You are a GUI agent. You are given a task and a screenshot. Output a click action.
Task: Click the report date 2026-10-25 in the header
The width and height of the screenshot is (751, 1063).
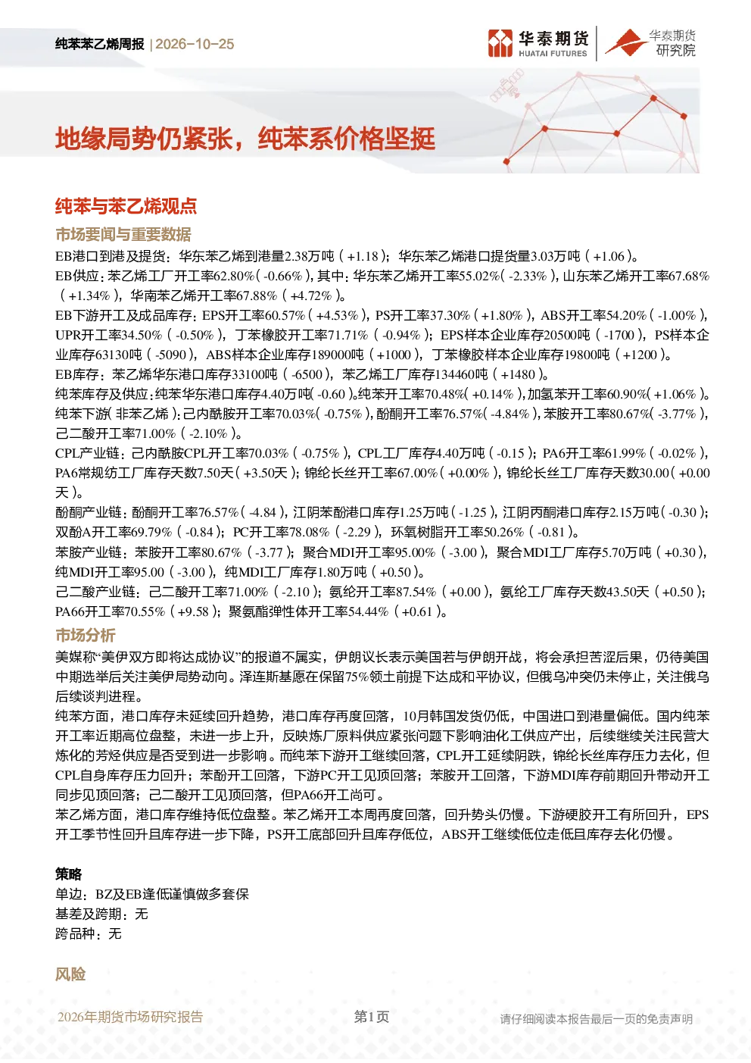click(195, 44)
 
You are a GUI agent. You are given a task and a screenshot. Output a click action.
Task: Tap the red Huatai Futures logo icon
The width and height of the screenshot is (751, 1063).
click(500, 43)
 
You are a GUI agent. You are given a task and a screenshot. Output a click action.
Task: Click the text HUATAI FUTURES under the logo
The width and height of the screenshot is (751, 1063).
click(553, 54)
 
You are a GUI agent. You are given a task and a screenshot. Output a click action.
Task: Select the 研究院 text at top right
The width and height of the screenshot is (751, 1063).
click(675, 50)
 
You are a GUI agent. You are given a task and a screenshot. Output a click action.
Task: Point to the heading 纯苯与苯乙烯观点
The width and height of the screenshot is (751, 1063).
click(126, 205)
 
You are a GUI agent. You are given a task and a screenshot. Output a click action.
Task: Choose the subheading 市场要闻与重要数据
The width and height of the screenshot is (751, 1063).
click(123, 234)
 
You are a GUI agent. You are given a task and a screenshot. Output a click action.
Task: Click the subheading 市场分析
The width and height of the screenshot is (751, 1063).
click(86, 635)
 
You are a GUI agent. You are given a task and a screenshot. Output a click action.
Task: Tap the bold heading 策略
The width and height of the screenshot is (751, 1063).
click(69, 874)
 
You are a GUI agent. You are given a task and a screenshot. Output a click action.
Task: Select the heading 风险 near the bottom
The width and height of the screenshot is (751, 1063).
click(70, 974)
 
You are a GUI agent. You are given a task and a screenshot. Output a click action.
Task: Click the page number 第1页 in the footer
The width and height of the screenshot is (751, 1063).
click(372, 1017)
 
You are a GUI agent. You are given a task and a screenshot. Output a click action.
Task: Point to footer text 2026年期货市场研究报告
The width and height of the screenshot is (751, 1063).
click(130, 1017)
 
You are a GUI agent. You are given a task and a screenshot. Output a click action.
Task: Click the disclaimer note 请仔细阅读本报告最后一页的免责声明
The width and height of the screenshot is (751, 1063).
click(597, 1019)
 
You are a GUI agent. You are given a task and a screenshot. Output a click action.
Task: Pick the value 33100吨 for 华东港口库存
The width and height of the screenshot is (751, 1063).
click(254, 374)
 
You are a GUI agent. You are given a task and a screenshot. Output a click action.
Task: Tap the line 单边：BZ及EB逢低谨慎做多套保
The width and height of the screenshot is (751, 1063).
click(152, 894)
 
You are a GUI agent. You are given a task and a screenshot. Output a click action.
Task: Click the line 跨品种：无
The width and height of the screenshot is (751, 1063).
click(89, 934)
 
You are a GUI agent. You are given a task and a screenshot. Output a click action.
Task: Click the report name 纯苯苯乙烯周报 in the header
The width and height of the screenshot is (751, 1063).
click(100, 44)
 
